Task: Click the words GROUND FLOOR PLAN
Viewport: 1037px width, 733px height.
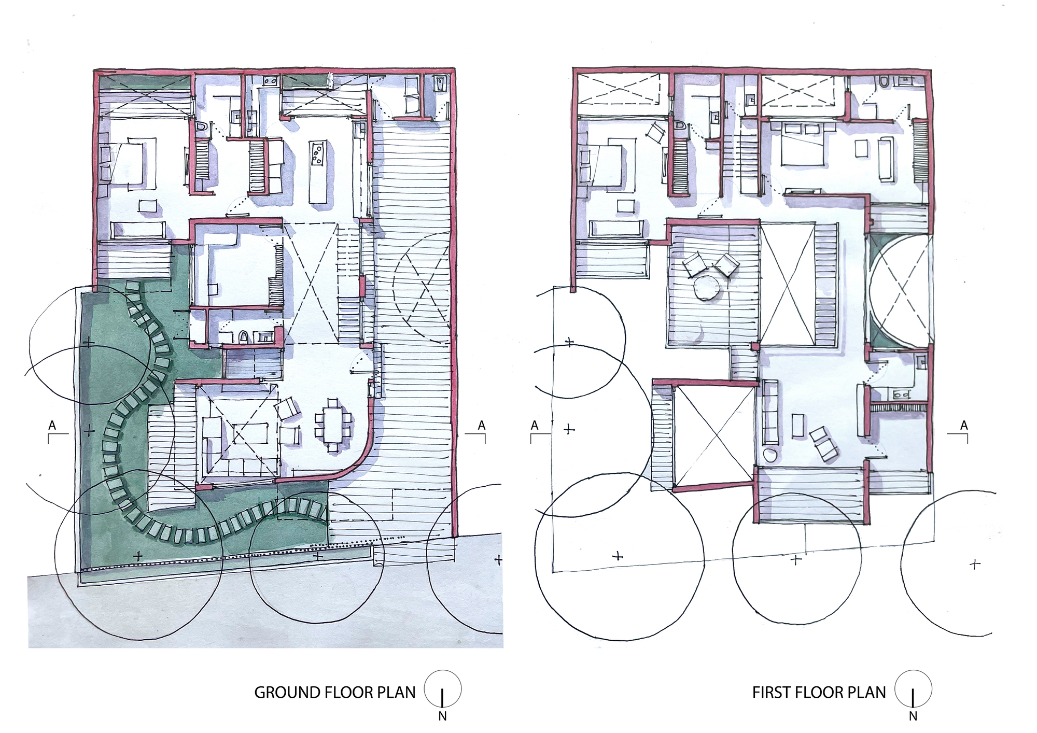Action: pyautogui.click(x=335, y=693)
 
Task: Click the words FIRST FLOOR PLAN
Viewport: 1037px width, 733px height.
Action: pyautogui.click(x=819, y=693)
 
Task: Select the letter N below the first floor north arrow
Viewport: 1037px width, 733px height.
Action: pyautogui.click(x=913, y=716)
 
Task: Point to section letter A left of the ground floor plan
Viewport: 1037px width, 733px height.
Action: pyautogui.click(x=52, y=426)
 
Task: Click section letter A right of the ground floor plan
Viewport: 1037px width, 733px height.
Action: pyautogui.click(x=481, y=426)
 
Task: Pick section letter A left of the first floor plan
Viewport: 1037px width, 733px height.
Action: pyautogui.click(x=535, y=426)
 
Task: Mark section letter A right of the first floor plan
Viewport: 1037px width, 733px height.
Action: pyautogui.click(x=963, y=426)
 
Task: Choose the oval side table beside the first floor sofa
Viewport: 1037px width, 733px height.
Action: pyautogui.click(x=771, y=456)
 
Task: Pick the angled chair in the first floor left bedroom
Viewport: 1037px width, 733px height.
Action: pyautogui.click(x=655, y=133)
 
